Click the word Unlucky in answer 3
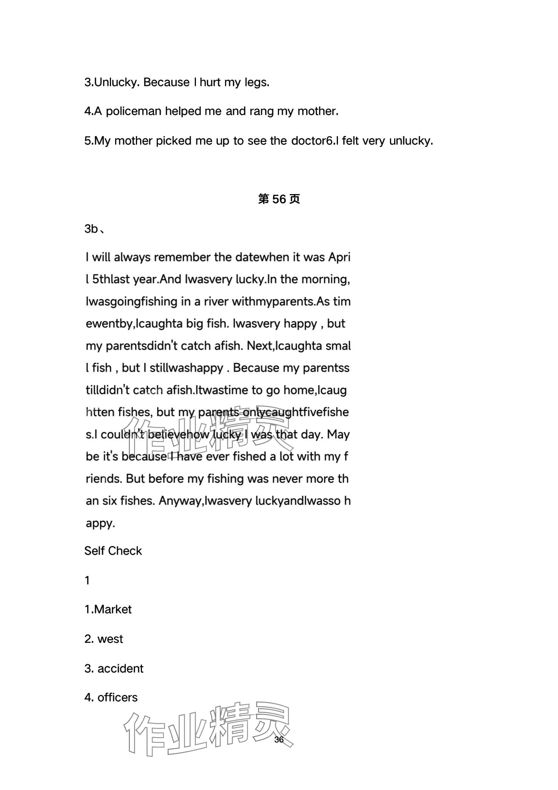(x=117, y=82)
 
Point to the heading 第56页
(x=279, y=199)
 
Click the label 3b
(x=92, y=229)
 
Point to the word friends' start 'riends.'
(x=103, y=479)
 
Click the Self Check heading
(x=113, y=551)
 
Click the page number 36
(x=279, y=740)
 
